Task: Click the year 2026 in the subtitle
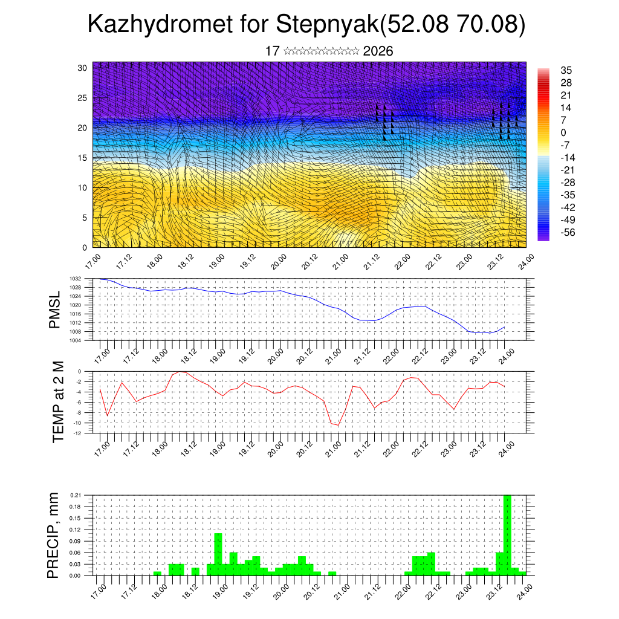(x=378, y=51)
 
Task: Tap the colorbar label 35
(x=566, y=70)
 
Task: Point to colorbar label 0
(x=563, y=132)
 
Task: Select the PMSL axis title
(x=55, y=309)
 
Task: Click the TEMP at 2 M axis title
(x=58, y=401)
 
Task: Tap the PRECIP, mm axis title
(x=54, y=535)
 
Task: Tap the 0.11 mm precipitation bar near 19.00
(x=218, y=554)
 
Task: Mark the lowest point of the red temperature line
(x=338, y=425)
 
